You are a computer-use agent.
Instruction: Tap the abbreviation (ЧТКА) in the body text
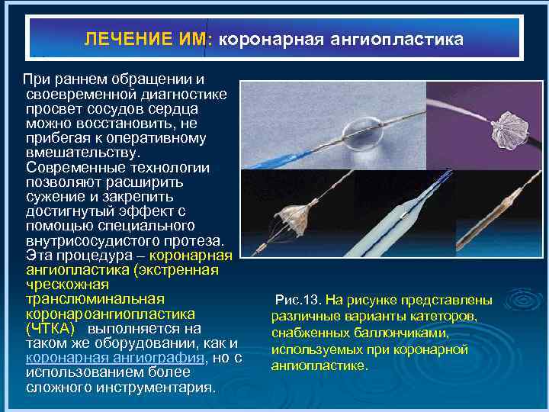coord(50,329)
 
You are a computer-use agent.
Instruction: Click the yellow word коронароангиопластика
coord(110,314)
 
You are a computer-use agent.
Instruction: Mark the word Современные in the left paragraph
coord(68,168)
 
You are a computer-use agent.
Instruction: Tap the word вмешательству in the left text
coord(73,153)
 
